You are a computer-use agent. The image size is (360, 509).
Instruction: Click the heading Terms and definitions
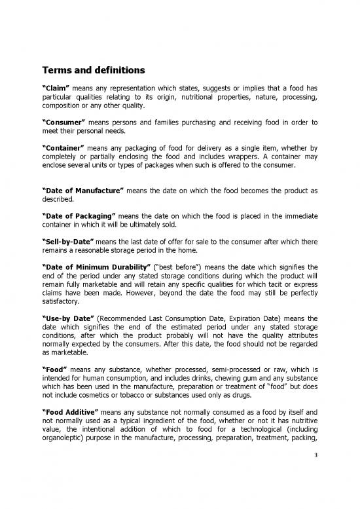94,70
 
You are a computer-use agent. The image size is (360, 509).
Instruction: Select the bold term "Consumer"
65,122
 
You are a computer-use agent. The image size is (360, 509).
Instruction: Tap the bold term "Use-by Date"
69,318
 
